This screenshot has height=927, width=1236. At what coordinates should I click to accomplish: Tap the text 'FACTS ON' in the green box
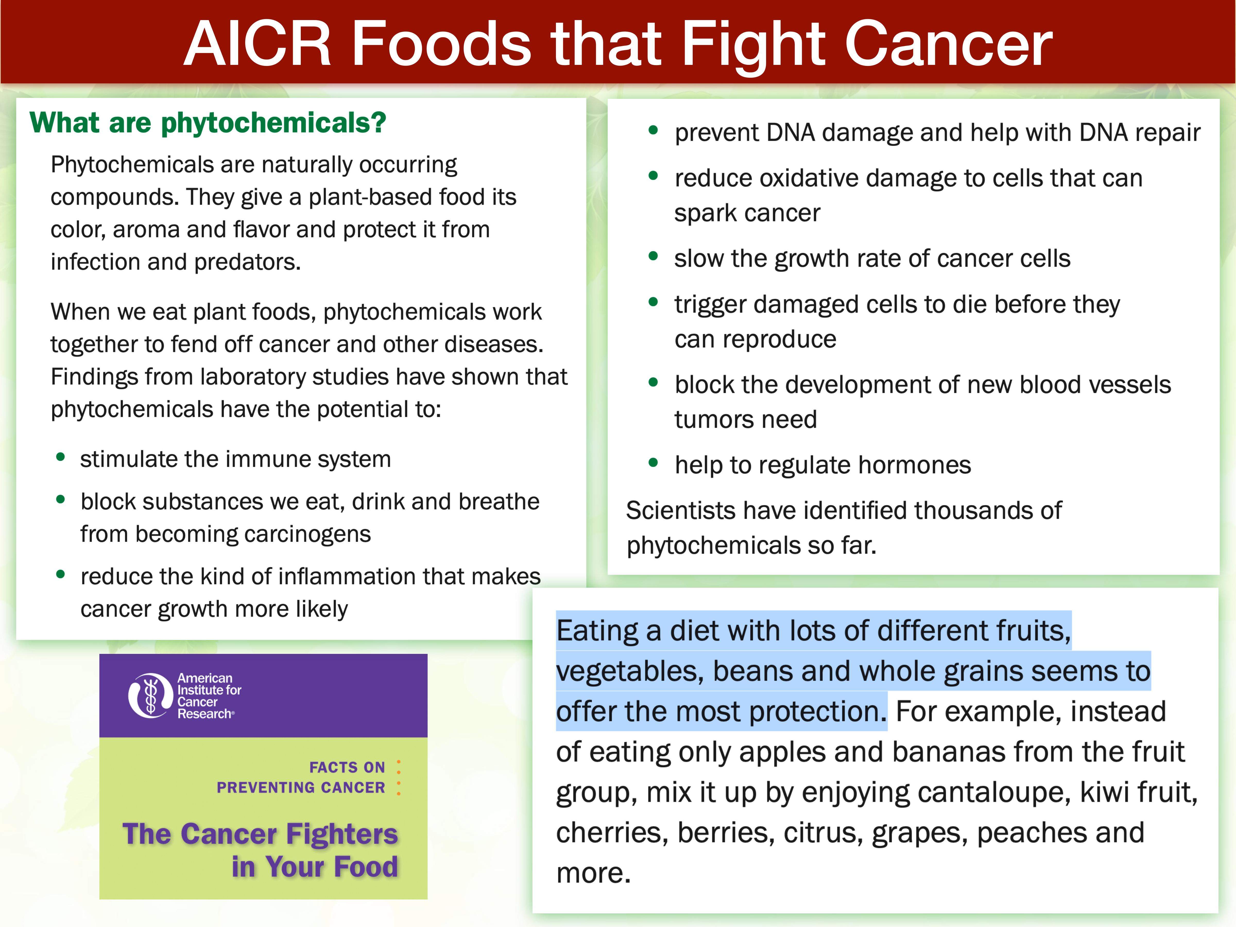point(347,767)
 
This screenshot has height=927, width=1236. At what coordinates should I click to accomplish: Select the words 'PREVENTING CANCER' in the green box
point(301,787)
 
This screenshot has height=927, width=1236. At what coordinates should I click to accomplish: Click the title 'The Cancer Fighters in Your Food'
point(260,850)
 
